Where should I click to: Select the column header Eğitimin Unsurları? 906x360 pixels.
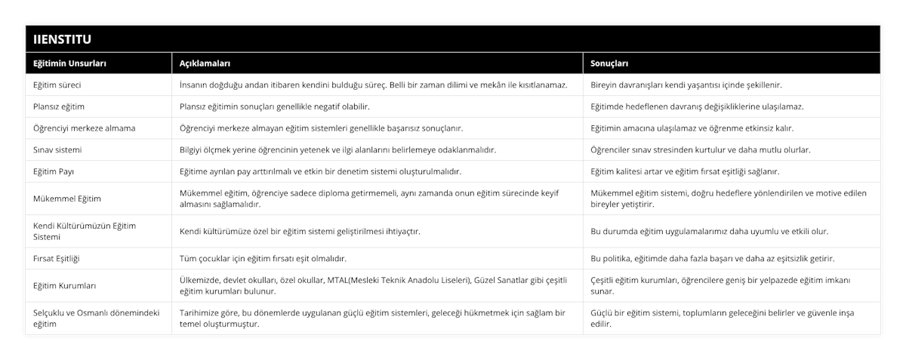click(x=69, y=63)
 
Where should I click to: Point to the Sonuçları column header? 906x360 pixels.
click(x=610, y=63)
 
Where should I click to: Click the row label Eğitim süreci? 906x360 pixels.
click(x=57, y=85)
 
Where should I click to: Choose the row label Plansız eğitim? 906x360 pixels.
click(x=59, y=106)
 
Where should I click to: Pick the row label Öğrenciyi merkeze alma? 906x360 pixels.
click(x=84, y=128)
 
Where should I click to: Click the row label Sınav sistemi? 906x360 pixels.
click(x=58, y=149)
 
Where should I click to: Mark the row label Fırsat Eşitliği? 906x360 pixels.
click(x=57, y=258)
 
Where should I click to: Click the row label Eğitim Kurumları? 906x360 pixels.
click(x=63, y=285)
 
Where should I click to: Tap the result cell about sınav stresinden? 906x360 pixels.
click(x=700, y=149)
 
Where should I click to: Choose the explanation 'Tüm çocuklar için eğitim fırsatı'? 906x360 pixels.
click(x=263, y=258)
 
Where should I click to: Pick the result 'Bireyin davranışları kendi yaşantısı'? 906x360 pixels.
click(x=686, y=85)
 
